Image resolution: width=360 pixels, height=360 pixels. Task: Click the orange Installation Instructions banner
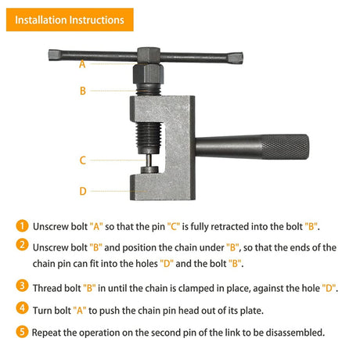pyautogui.click(x=70, y=20)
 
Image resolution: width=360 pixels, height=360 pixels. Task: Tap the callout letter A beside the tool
pyautogui.click(x=82, y=64)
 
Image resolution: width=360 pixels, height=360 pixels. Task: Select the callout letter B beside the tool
pyautogui.click(x=83, y=91)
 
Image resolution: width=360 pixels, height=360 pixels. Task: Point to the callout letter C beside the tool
pyautogui.click(x=83, y=160)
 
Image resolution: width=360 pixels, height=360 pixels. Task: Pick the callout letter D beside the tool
pyautogui.click(x=83, y=191)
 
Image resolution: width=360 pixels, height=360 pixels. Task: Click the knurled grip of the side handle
pyautogui.click(x=285, y=147)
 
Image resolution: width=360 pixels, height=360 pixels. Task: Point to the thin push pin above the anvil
pyautogui.click(x=149, y=160)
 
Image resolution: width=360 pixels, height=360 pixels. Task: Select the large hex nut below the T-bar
pyautogui.click(x=148, y=74)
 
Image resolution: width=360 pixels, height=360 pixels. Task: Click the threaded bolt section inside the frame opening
pyautogui.click(x=149, y=138)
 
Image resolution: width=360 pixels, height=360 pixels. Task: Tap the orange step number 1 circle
pyautogui.click(x=22, y=226)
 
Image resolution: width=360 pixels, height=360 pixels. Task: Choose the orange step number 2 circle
pyautogui.click(x=22, y=245)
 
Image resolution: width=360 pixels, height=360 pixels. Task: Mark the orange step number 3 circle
pyautogui.click(x=22, y=286)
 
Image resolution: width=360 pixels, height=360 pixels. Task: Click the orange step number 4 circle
pyautogui.click(x=22, y=308)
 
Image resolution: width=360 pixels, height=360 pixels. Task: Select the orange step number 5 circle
pyautogui.click(x=22, y=332)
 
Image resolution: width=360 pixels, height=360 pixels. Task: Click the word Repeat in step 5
pyautogui.click(x=46, y=333)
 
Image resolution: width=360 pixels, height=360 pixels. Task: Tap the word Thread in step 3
pyautogui.click(x=48, y=288)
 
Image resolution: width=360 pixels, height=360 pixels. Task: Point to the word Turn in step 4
pyautogui.click(x=42, y=311)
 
